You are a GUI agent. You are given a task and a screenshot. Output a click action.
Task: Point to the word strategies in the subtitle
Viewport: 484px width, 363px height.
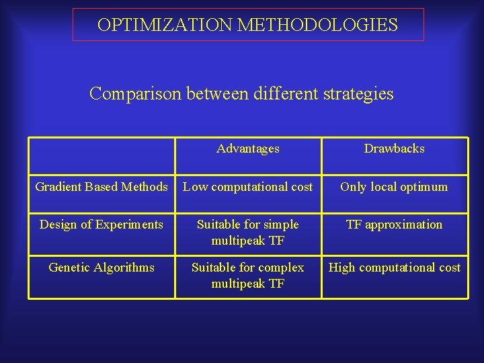coord(357,93)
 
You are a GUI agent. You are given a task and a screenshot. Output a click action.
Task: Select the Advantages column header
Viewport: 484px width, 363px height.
coord(248,149)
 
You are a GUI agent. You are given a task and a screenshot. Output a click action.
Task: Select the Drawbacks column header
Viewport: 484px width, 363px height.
coord(394,149)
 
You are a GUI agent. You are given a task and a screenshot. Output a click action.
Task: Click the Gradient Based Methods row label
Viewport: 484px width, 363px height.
coord(102,187)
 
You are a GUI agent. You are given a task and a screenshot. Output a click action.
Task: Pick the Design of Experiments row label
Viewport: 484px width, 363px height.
coord(102,225)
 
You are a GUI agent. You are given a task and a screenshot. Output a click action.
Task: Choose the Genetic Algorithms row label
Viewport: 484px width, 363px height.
coord(102,268)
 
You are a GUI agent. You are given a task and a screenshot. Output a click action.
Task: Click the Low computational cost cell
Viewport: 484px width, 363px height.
coord(248,187)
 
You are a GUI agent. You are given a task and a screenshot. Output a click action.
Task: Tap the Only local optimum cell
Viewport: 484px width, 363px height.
coord(394,187)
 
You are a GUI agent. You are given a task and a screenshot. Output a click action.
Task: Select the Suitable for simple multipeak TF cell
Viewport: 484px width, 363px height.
coord(248,232)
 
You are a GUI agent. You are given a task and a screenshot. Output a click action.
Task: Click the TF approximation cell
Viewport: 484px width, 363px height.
coord(394,225)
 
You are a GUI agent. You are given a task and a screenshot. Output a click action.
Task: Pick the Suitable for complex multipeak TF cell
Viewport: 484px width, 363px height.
coord(248,275)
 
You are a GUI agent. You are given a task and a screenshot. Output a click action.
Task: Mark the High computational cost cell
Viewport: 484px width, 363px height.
coord(394,268)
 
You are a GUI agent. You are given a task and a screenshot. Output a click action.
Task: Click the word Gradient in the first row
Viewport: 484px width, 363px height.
coord(57,187)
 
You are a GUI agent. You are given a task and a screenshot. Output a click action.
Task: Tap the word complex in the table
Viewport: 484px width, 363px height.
coord(281,268)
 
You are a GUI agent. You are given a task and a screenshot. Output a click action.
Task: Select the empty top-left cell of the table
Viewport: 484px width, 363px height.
coord(102,155)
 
